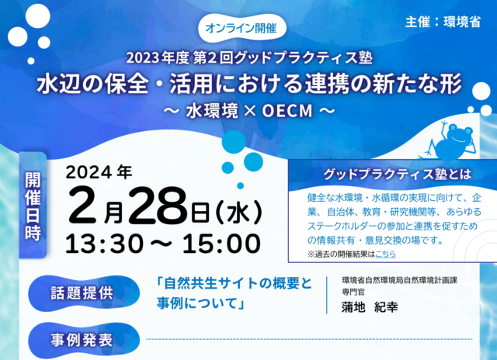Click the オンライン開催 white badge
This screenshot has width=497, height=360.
242,29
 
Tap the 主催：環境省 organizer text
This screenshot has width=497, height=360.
443,22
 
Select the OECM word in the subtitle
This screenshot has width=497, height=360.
287,111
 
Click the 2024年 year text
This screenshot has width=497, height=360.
99,172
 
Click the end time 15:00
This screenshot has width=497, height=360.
221,244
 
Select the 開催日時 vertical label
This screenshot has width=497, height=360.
33,205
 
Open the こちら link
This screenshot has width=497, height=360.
385,254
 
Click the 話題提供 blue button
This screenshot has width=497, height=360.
84,293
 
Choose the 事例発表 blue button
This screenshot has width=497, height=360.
84,341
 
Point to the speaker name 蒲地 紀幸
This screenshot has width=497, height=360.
370,306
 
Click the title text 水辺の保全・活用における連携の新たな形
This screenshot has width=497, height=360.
249,85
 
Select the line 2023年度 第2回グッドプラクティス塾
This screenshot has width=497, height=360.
249,58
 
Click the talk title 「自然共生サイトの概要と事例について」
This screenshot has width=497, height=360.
235,293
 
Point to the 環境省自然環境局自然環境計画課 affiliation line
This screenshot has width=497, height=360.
399,281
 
